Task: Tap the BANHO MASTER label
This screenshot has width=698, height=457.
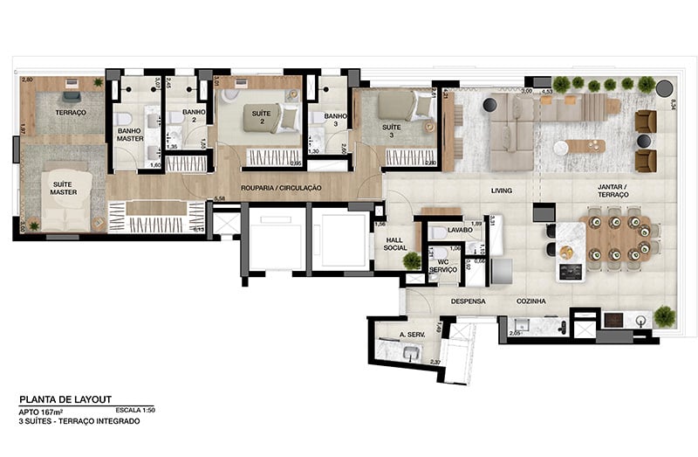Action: [130, 135]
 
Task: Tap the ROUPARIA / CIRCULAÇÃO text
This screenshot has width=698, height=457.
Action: [281, 188]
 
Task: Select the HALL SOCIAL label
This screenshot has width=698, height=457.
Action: [395, 243]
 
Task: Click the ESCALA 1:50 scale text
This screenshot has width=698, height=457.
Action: [138, 409]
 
